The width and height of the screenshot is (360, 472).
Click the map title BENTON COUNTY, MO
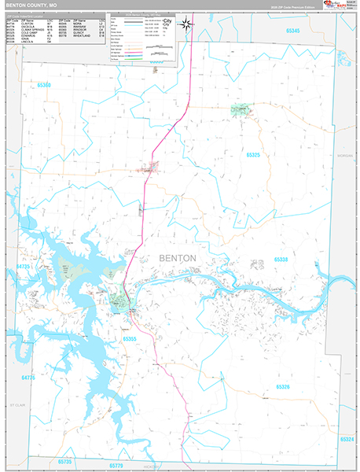[x=31, y=5]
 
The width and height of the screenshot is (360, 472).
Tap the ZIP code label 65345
[x=292, y=30]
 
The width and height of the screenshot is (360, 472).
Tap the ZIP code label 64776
[x=30, y=378]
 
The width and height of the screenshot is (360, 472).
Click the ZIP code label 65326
[x=282, y=386]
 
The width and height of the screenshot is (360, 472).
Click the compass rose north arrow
[x=186, y=24]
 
